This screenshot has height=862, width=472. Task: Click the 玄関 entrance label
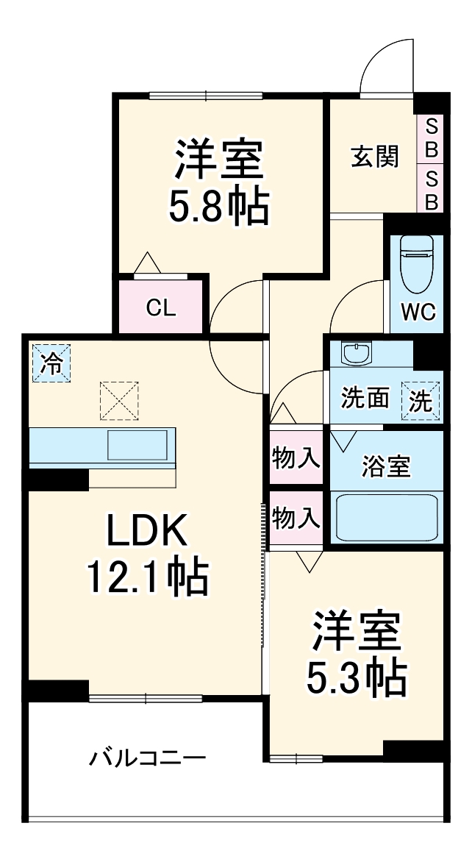(x=374, y=157)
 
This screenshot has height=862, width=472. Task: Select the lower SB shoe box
(x=432, y=190)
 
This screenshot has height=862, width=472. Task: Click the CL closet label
(x=160, y=308)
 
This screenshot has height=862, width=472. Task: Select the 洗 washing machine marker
(x=421, y=402)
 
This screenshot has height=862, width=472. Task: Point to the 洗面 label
(x=365, y=399)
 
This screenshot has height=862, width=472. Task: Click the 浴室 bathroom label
(x=386, y=466)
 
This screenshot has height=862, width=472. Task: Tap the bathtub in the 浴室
(x=387, y=517)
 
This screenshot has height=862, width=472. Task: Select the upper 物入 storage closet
(x=296, y=457)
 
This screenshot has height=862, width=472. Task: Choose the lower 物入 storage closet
(x=296, y=519)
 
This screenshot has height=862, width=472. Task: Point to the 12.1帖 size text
(x=147, y=577)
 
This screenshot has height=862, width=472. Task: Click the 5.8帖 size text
(x=218, y=207)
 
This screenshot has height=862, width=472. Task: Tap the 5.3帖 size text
(x=357, y=677)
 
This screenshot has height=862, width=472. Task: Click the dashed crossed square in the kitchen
(x=119, y=400)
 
